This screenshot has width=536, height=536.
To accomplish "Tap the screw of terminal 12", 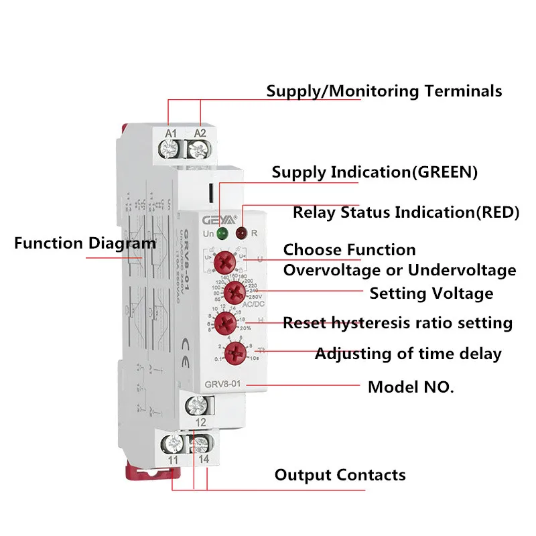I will [199, 405].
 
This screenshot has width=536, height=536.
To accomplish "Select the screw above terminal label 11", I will [174, 443].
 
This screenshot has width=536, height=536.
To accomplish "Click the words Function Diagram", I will [84, 243].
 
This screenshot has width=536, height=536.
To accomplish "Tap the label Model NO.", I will [411, 387].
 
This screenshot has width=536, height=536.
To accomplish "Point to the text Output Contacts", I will [340, 475].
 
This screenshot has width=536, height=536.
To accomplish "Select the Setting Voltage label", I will [431, 293].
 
